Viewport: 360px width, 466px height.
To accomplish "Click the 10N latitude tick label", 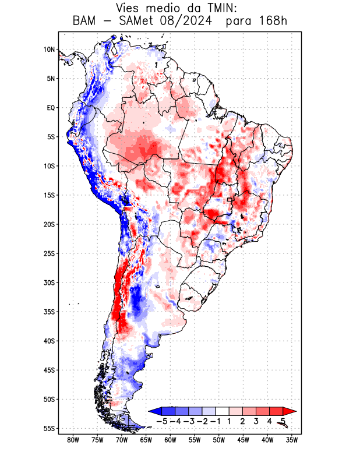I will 50,50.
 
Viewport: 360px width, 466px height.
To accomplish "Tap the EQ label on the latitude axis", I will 51,108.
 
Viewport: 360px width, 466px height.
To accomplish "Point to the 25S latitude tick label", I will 49,253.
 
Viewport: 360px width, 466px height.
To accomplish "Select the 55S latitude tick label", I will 49,428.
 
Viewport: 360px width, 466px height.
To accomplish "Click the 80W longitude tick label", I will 72,440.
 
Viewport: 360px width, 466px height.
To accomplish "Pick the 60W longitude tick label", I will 170,440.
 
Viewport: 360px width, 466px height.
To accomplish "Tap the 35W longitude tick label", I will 292,440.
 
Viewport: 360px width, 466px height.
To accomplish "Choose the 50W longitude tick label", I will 219,440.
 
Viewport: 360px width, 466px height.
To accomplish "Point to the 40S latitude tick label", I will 49,341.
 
